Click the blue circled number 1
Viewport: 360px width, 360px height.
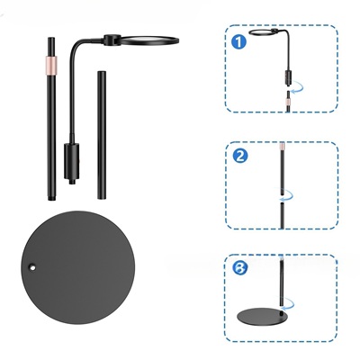pyautogui.click(x=239, y=42)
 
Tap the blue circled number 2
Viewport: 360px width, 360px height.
pyautogui.click(x=240, y=156)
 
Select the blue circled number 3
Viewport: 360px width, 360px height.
pyautogui.click(x=240, y=267)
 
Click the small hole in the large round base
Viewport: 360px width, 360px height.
pyautogui.click(x=31, y=266)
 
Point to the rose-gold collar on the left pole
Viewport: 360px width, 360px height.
pyautogui.click(x=51, y=65)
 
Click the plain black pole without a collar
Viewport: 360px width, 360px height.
pyautogui.click(x=102, y=135)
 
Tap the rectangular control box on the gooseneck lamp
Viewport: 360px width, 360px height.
pyautogui.click(x=71, y=161)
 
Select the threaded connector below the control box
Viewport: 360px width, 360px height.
pyautogui.click(x=71, y=182)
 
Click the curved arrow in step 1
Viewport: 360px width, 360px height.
pyautogui.click(x=297, y=88)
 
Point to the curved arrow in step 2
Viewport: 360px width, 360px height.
pyautogui.click(x=285, y=195)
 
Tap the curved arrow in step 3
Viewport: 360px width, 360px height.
pyautogui.click(x=287, y=304)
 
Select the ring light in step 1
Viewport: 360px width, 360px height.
pyautogui.click(x=264, y=31)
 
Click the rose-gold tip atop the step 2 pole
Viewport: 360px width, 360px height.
pyautogui.click(x=282, y=147)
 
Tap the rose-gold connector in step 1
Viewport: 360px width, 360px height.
pyautogui.click(x=288, y=104)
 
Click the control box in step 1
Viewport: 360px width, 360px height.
pyautogui.click(x=288, y=78)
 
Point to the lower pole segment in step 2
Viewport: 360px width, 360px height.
pyautogui.click(x=282, y=215)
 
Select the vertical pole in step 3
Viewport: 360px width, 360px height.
pyautogui.click(x=282, y=282)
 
